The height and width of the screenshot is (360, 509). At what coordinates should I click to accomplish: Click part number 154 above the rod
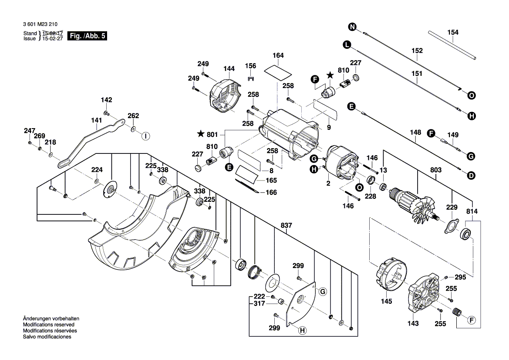pos(453,32)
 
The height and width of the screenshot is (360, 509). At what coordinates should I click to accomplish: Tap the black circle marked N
pos(352,27)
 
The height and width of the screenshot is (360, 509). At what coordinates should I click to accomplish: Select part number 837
pos(286,225)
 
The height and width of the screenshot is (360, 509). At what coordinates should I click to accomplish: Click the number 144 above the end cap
pos(229,69)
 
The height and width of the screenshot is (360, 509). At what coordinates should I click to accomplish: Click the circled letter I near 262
pos(145,136)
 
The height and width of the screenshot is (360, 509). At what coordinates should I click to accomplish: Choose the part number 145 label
pos(386,301)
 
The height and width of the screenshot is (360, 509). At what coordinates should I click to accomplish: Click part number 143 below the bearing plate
pos(413,323)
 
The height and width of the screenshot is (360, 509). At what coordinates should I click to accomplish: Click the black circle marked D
pos(471,176)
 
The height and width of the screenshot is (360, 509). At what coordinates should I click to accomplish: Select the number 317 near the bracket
pos(259,304)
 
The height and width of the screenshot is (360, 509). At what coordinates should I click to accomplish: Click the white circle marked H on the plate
pos(301,331)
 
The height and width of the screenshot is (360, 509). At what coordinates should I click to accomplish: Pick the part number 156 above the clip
pos(250,66)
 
